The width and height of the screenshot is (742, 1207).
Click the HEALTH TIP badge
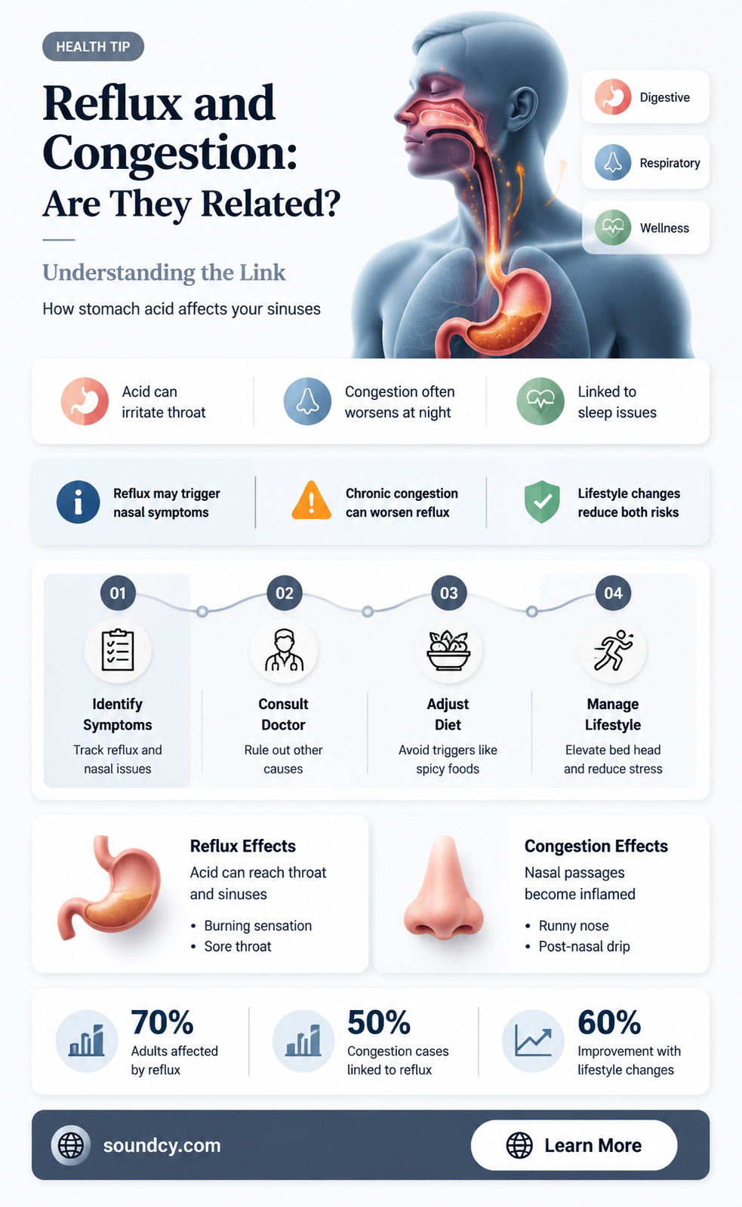pos(93,46)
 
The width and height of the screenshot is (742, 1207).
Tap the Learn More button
pos(574,1145)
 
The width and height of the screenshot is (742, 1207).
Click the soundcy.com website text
pos(162,1145)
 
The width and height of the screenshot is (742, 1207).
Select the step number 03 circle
pos(448,593)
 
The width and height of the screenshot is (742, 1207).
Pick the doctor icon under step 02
pos(284,650)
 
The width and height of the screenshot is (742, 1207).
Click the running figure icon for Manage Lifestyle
pos(613,650)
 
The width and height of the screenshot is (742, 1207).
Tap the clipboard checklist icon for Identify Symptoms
pos(118,650)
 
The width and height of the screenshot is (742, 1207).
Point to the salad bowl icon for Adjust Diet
pos(448,650)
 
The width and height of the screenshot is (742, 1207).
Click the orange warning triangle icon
pos(311,501)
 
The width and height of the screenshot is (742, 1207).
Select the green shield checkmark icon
pos(542,502)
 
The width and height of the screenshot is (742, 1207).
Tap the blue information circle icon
pos(79,502)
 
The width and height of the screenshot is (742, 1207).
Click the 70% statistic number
pos(162,1022)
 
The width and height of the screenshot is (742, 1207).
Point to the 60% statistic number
pos(609,1022)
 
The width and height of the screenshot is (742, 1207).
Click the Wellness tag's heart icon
pos(613,228)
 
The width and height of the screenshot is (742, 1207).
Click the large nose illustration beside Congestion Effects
pos(443,889)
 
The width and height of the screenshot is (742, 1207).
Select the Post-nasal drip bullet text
pos(584,946)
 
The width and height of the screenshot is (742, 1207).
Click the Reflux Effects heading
pos(242,846)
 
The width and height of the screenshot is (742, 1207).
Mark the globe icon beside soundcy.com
pos(71,1145)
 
